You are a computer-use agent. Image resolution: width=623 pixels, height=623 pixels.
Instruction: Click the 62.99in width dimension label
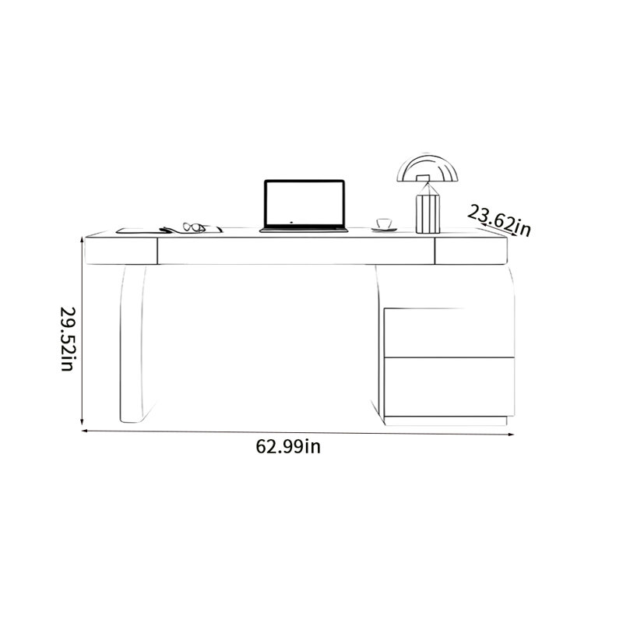pyautogui.click(x=288, y=446)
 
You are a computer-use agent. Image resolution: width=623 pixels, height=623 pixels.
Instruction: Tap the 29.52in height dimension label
pyautogui.click(x=67, y=339)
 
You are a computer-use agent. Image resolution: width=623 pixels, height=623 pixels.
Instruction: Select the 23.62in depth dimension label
pyautogui.click(x=499, y=221)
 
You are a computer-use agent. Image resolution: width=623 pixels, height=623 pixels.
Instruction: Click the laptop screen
pyautogui.click(x=304, y=203)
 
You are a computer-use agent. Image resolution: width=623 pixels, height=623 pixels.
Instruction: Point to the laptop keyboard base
pyautogui.click(x=304, y=230)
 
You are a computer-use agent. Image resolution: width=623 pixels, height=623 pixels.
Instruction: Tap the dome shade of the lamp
pyautogui.click(x=428, y=168)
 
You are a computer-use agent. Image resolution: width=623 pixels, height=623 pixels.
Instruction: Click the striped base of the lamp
pyautogui.click(x=428, y=213)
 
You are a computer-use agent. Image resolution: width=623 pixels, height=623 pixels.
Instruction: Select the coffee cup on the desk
pyautogui.click(x=384, y=224)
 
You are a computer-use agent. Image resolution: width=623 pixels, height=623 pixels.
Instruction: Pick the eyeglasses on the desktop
pyautogui.click(x=194, y=227)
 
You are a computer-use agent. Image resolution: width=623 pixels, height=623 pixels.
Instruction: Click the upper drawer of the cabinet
pyautogui.click(x=449, y=333)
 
